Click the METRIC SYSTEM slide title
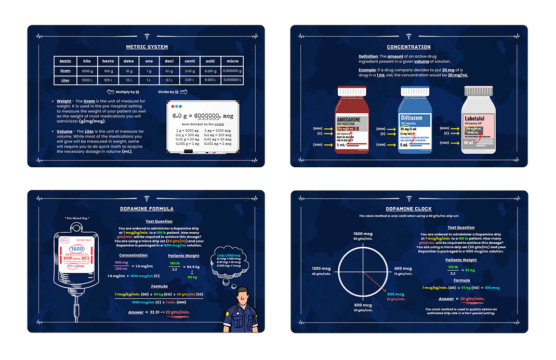(147, 47)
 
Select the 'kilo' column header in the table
(87, 61)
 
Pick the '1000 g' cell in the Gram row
(87, 71)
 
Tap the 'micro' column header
(232, 61)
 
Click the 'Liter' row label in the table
(65, 81)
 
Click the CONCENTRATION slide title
(408, 47)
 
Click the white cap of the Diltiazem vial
(415, 91)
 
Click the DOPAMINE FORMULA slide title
(147, 209)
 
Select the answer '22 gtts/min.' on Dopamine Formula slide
(177, 312)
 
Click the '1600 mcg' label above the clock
(362, 234)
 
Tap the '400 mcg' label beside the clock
(403, 269)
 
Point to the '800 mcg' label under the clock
(363, 305)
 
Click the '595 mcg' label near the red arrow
(395, 294)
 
